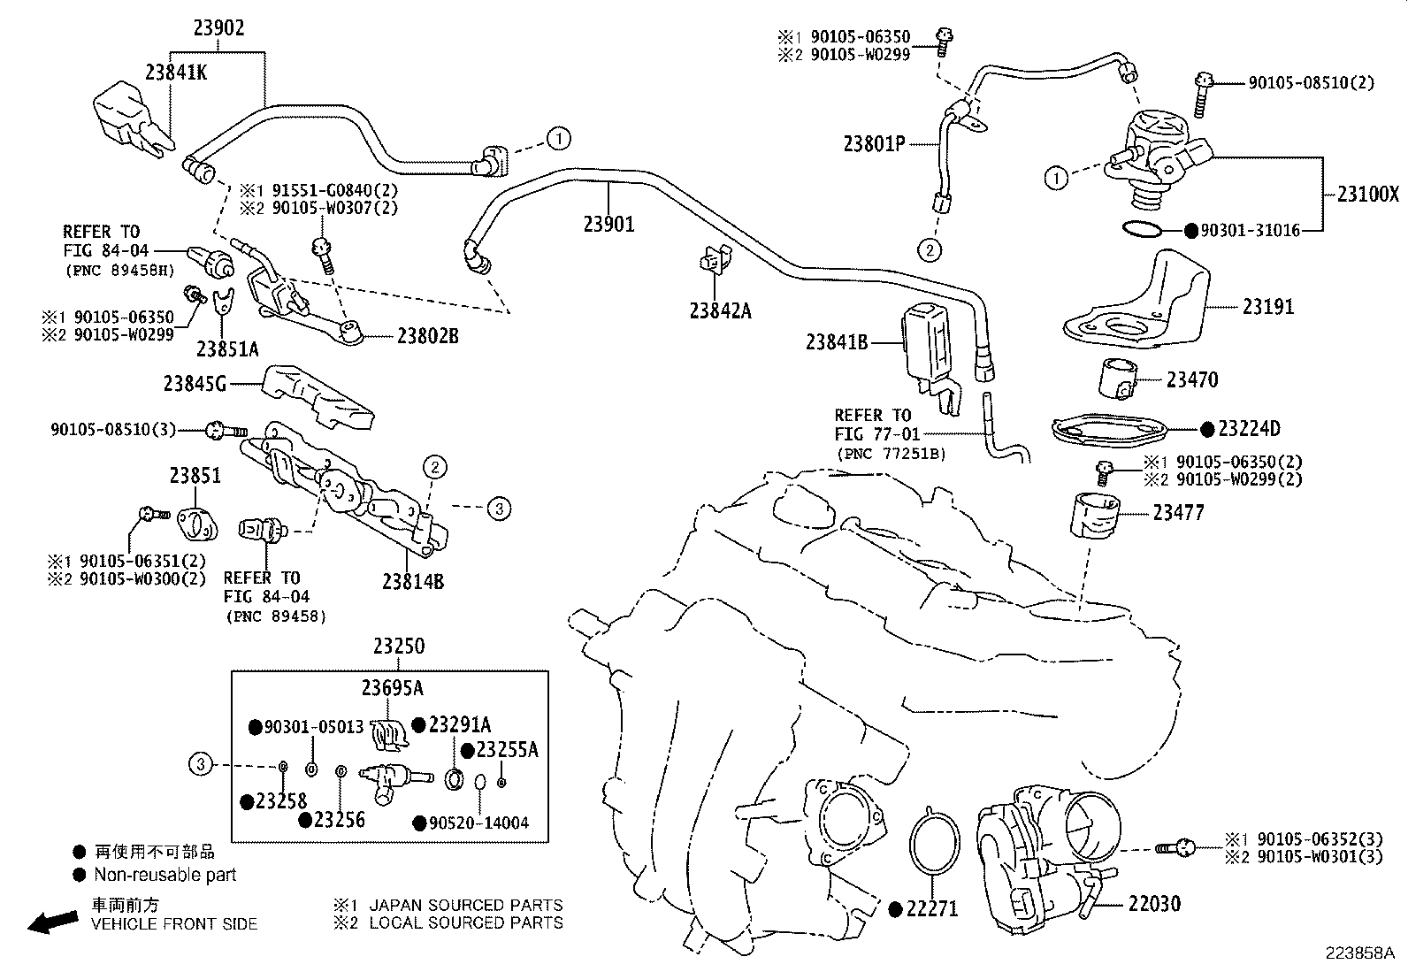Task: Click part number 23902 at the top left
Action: point(218,28)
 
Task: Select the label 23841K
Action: point(176,73)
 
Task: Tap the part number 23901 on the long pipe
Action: point(608,224)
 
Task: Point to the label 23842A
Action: point(720,310)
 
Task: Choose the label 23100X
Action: point(1367,195)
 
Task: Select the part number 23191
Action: point(1267,307)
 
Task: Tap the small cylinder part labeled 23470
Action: point(1117,379)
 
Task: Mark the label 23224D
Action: point(1248,429)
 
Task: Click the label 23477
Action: point(1177,512)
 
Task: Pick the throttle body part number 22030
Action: point(1153,904)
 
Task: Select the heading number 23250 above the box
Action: point(398,646)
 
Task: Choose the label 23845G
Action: point(195,384)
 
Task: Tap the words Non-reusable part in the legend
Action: point(165,875)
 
